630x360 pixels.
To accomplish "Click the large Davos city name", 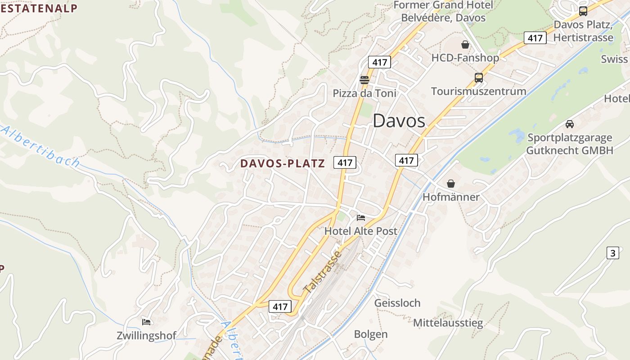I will [399, 121].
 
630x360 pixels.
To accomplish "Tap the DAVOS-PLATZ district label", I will [282, 163].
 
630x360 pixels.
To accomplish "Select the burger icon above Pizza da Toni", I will [364, 80].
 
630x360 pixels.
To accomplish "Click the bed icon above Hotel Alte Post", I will [361, 218].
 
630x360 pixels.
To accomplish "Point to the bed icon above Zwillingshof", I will [146, 322].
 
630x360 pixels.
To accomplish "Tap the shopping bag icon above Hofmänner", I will [451, 184].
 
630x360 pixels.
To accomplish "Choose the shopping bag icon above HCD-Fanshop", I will [465, 45].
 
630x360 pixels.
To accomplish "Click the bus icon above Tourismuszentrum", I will [479, 78].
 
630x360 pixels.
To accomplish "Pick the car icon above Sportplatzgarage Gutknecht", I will [570, 124].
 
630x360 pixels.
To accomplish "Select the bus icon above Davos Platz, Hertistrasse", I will [583, 11].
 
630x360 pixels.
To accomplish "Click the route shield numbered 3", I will [612, 253].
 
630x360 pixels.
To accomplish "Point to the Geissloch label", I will [397, 303].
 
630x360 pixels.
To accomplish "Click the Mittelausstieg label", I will [448, 323].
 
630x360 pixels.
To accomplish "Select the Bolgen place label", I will [371, 334].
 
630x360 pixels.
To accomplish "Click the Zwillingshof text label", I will [146, 336].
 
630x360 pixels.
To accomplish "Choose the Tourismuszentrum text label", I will [478, 91].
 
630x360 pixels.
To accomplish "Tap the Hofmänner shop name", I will [451, 197].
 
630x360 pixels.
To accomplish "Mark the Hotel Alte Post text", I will [361, 231].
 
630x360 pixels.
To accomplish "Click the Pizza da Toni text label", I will [364, 94].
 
